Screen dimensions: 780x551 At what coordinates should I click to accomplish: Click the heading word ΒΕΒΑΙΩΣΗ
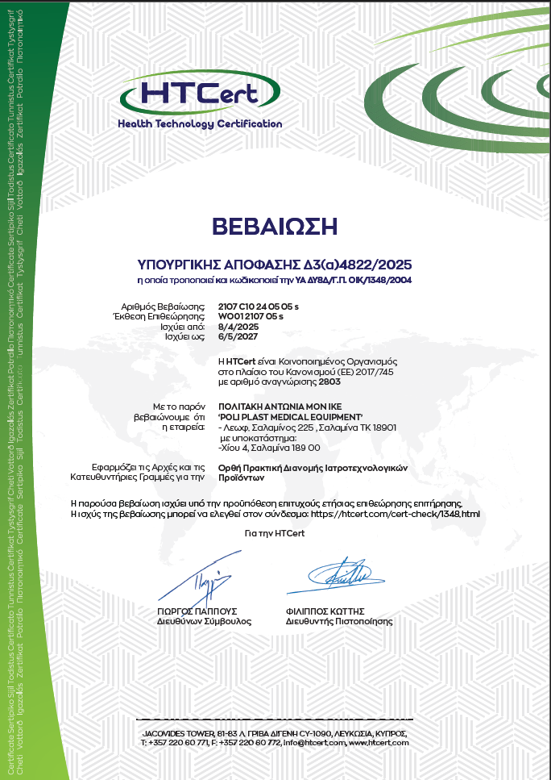[x=275, y=226]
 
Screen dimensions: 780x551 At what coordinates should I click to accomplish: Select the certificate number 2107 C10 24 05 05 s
[x=259, y=307]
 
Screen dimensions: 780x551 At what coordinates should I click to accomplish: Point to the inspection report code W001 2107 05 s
[x=251, y=317]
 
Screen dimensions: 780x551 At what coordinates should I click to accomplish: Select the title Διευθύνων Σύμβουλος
[x=204, y=622]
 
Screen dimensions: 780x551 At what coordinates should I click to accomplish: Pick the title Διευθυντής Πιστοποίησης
[x=338, y=622]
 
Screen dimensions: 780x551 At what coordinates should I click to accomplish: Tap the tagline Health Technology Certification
[x=200, y=124]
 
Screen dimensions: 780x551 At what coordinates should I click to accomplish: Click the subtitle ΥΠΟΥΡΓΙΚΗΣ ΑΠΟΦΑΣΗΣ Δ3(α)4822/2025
[x=275, y=264]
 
